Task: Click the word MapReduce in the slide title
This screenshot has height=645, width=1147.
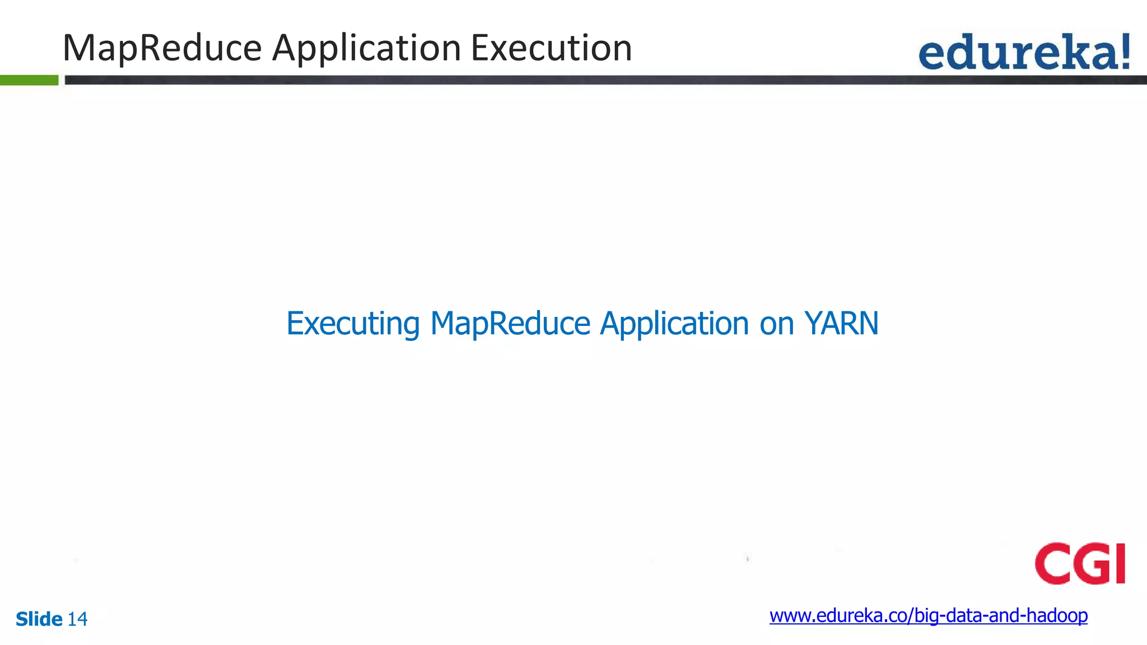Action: pos(162,48)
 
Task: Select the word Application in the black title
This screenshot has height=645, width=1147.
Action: pos(366,48)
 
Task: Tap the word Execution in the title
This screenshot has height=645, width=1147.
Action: pos(551,48)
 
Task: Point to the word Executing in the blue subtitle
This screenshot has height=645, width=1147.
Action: pos(353,324)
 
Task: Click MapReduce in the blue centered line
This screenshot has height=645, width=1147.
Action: pos(510,324)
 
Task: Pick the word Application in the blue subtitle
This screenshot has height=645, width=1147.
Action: pos(674,324)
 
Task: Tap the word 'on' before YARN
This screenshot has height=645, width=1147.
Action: pos(776,324)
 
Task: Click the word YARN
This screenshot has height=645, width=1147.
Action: pos(841,324)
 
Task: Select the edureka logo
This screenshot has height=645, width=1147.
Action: pos(1024,52)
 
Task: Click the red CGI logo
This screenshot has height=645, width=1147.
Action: pos(1080,563)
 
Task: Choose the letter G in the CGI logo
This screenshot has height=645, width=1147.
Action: pos(1091,563)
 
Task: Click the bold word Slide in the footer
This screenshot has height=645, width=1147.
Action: pos(39,619)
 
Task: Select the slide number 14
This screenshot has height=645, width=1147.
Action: pos(77,619)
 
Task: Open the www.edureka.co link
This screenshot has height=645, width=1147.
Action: pos(928,615)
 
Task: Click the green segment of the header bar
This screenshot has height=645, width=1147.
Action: pos(29,80)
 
